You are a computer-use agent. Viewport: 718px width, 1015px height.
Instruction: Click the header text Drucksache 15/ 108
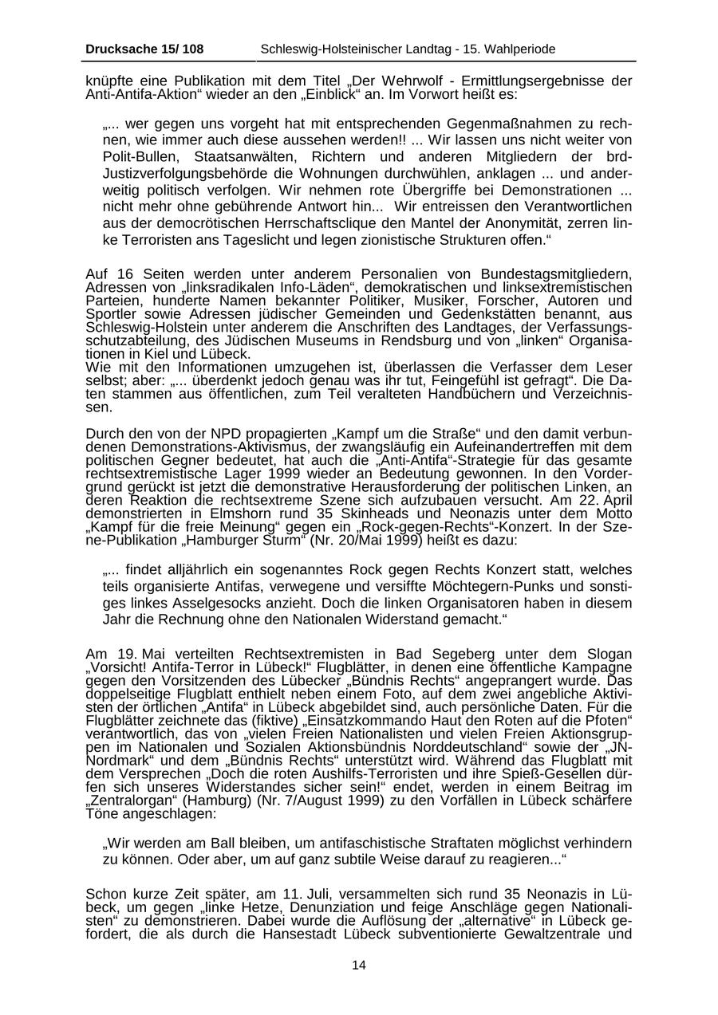[144, 49]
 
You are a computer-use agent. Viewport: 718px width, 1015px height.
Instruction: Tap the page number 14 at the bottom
[359, 966]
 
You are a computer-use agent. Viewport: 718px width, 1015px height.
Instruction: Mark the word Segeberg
[417, 654]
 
